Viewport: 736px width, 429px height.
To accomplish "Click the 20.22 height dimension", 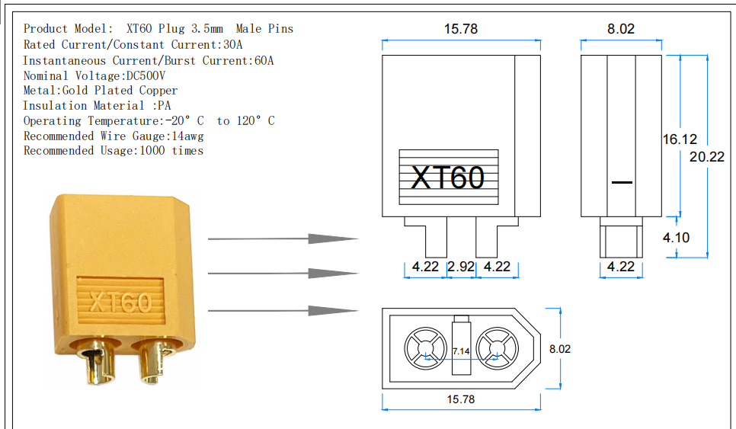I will point(707,158).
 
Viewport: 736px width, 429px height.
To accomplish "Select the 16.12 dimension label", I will point(680,139).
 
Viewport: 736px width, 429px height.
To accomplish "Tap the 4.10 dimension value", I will point(676,238).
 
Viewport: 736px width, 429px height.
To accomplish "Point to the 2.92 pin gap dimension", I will point(461,267).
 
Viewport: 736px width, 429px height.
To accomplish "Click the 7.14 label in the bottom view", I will point(461,351).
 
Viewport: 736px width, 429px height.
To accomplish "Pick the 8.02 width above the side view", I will point(620,30).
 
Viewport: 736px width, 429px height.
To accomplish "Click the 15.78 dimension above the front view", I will point(460,30).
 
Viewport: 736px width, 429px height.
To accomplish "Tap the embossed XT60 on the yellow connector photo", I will point(120,303).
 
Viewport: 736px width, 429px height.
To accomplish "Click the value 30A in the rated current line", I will point(232,45).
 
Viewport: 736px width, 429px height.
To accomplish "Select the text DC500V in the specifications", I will point(145,75).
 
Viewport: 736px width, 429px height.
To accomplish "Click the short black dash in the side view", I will point(622,183).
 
